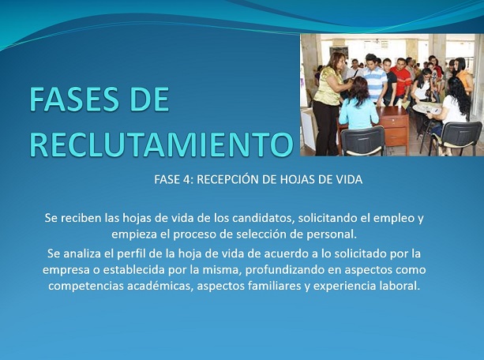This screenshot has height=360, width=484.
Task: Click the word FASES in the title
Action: click(x=73, y=99)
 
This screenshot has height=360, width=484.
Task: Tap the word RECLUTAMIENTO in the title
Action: click(x=161, y=144)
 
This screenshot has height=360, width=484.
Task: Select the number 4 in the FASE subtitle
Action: click(x=187, y=179)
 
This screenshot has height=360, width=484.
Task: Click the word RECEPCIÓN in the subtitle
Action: click(x=227, y=179)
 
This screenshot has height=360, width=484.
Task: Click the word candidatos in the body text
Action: click(x=262, y=218)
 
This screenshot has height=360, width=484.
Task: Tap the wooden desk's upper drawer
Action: click(x=395, y=122)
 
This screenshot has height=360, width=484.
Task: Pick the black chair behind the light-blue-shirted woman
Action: click(x=362, y=141)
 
